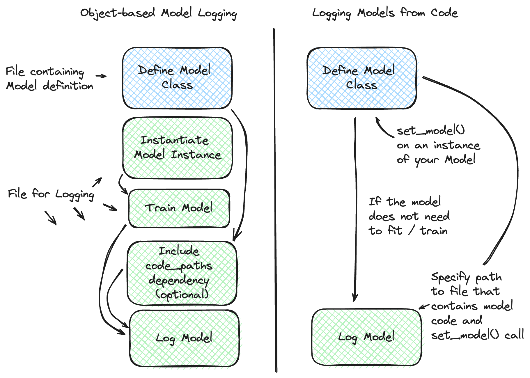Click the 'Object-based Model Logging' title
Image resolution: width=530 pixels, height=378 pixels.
pyautogui.click(x=159, y=14)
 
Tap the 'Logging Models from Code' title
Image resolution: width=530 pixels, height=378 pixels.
pyautogui.click(x=385, y=13)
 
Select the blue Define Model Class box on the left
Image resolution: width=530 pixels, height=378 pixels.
pyautogui.click(x=177, y=78)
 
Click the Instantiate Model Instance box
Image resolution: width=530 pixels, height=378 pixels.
pyautogui.click(x=177, y=148)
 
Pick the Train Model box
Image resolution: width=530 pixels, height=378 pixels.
pyautogui.click(x=179, y=208)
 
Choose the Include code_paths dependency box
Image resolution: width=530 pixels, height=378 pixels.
pyautogui.click(x=182, y=273)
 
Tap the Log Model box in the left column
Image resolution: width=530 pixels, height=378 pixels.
pyautogui.click(x=184, y=338)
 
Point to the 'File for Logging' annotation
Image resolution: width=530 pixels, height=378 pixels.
pyautogui.click(x=51, y=194)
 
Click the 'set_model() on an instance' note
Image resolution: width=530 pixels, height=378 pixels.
pyautogui.click(x=438, y=145)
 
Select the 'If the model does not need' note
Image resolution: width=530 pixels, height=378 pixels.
pyautogui.click(x=409, y=216)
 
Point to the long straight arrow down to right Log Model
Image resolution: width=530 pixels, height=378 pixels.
pyautogui.click(x=355, y=210)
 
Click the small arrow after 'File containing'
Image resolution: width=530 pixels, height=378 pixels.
pyautogui.click(x=101, y=76)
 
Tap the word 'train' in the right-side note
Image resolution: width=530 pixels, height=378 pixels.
pyautogui.click(x=434, y=231)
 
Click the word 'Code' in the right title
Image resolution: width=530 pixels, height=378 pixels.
pyautogui.click(x=444, y=13)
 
